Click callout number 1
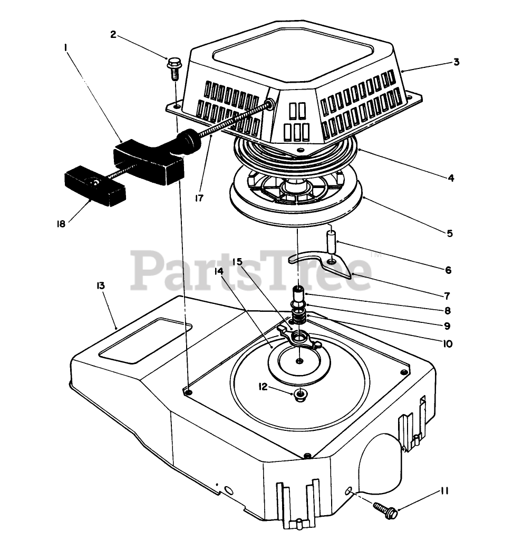click(65, 47)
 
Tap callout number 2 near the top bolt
click(113, 35)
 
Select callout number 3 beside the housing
click(456, 62)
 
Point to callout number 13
click(100, 285)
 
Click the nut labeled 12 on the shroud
click(301, 394)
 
